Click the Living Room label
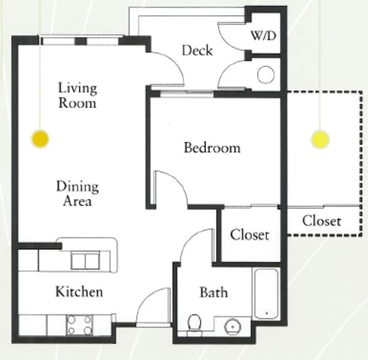click(x=78, y=96)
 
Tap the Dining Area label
click(x=78, y=194)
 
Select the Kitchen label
click(x=79, y=292)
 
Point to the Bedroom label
click(x=212, y=147)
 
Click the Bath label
click(x=214, y=292)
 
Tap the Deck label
click(x=197, y=50)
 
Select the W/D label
click(x=264, y=36)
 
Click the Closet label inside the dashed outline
click(x=322, y=221)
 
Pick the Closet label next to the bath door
click(x=249, y=235)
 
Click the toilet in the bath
click(x=195, y=324)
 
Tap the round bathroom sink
click(x=233, y=327)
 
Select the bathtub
click(x=266, y=294)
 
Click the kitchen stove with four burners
click(x=80, y=325)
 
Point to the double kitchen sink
click(x=85, y=261)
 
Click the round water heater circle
click(x=266, y=74)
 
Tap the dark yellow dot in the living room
click(x=40, y=139)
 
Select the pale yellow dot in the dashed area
click(x=320, y=139)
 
